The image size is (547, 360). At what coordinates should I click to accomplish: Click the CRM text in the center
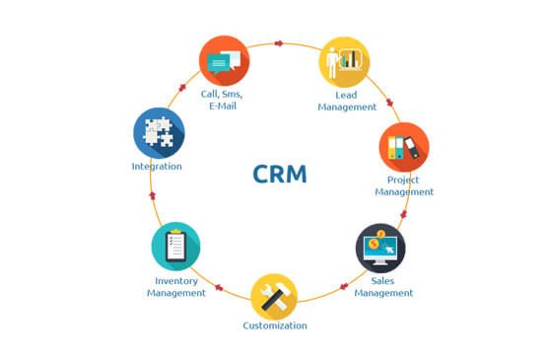click(280, 175)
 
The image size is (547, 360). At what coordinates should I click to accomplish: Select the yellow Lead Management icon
click(344, 61)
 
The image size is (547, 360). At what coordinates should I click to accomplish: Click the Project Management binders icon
click(404, 147)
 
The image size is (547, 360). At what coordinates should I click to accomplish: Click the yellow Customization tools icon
click(274, 296)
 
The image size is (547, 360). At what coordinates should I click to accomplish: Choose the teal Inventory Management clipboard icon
click(176, 246)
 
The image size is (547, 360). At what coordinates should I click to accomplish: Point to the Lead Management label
click(347, 101)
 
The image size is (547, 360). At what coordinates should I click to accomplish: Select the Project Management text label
click(404, 185)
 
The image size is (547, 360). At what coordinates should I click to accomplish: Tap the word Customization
click(275, 325)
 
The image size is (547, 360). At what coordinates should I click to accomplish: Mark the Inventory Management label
click(176, 286)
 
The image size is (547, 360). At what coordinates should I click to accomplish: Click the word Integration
click(157, 167)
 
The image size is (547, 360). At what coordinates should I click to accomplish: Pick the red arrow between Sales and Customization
click(343, 287)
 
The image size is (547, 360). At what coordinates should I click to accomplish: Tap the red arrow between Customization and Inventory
click(218, 289)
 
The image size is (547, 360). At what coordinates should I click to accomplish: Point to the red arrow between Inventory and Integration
click(153, 195)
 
